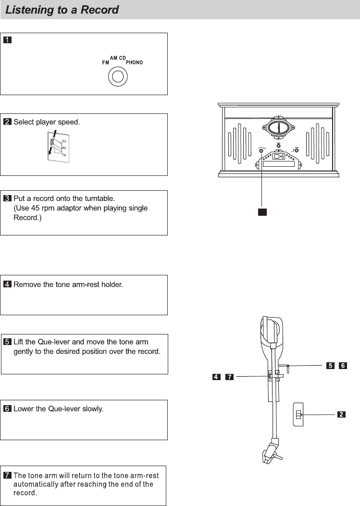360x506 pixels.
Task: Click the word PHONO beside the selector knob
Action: click(135, 62)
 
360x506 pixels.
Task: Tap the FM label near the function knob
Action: click(105, 63)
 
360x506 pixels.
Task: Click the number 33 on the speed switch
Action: click(64, 141)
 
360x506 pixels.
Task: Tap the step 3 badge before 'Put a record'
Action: click(8, 198)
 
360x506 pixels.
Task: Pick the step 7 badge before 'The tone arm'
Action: click(8, 476)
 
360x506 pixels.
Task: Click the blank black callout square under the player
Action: click(261, 212)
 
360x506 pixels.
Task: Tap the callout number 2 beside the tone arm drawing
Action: click(341, 414)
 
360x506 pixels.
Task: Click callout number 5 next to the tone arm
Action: click(330, 366)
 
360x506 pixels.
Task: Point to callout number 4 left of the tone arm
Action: click(217, 377)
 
